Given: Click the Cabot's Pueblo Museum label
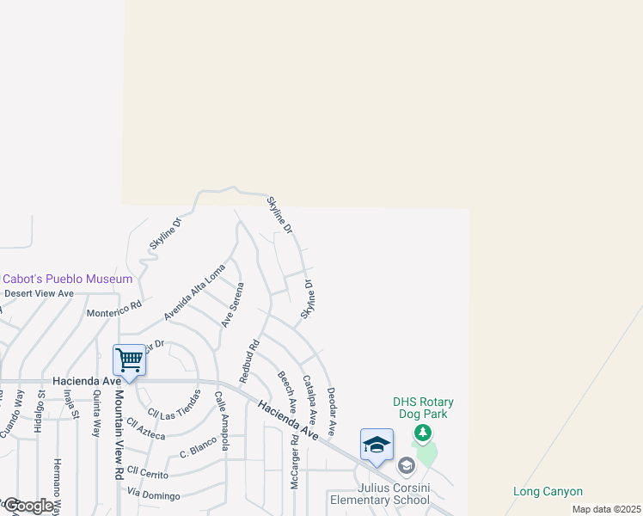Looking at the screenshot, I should (68, 279).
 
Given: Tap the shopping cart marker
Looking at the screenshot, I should (129, 359).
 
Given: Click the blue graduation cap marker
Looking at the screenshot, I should (377, 445).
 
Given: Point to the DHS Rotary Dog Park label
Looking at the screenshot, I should (423, 408).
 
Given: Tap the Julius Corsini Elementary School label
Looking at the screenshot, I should (381, 493).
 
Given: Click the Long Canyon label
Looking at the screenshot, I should (548, 492).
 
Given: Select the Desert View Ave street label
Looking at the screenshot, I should (40, 293).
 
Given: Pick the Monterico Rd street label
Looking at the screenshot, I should (114, 309).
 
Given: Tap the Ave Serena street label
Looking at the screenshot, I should (232, 305).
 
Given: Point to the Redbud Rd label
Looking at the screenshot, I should (249, 362).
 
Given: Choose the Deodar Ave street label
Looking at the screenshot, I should (331, 411).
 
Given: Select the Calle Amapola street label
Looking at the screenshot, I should (221, 421).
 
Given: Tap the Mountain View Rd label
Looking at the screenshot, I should (118, 435).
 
